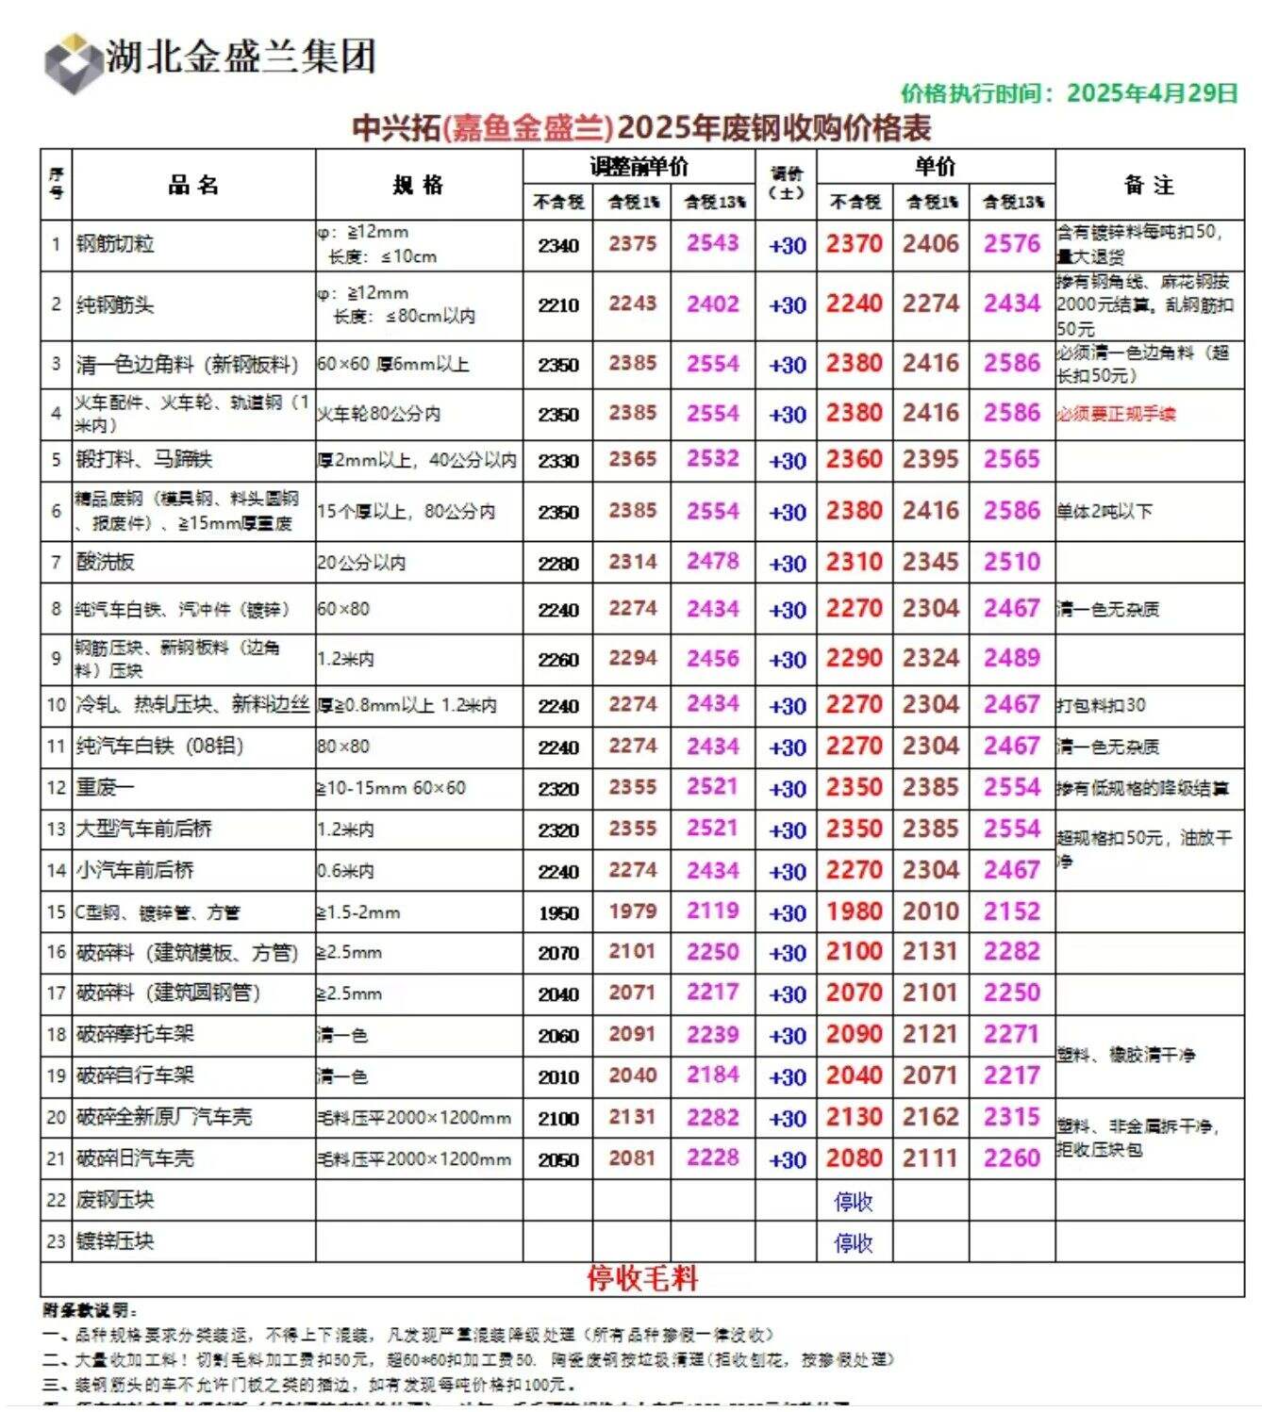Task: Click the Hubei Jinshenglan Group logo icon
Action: pyautogui.click(x=72, y=62)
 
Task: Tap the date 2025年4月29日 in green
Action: pyautogui.click(x=1152, y=93)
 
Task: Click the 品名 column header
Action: pyautogui.click(x=193, y=185)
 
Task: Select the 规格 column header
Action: pyautogui.click(x=418, y=185)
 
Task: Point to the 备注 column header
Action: pyautogui.click(x=1149, y=185)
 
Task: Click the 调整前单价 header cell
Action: pyautogui.click(x=639, y=167)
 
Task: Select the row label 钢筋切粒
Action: pyautogui.click(x=115, y=244)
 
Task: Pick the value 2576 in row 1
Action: pyautogui.click(x=1011, y=244)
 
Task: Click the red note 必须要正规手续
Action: pyautogui.click(x=1116, y=414)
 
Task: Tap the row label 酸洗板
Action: pyautogui.click(x=106, y=563)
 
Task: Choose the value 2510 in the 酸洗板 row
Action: pyautogui.click(x=1011, y=562)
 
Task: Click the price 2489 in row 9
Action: pyautogui.click(x=1011, y=658)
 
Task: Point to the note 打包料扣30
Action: pyautogui.click(x=1101, y=705)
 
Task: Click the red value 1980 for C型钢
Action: pyautogui.click(x=854, y=911)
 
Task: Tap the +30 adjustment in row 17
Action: pyautogui.click(x=787, y=993)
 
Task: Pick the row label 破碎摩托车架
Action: pyautogui.click(x=135, y=1034)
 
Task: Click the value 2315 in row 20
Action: pyautogui.click(x=1011, y=1117)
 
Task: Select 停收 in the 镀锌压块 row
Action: pyautogui.click(x=854, y=1242)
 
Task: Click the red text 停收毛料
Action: pyautogui.click(x=641, y=1278)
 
